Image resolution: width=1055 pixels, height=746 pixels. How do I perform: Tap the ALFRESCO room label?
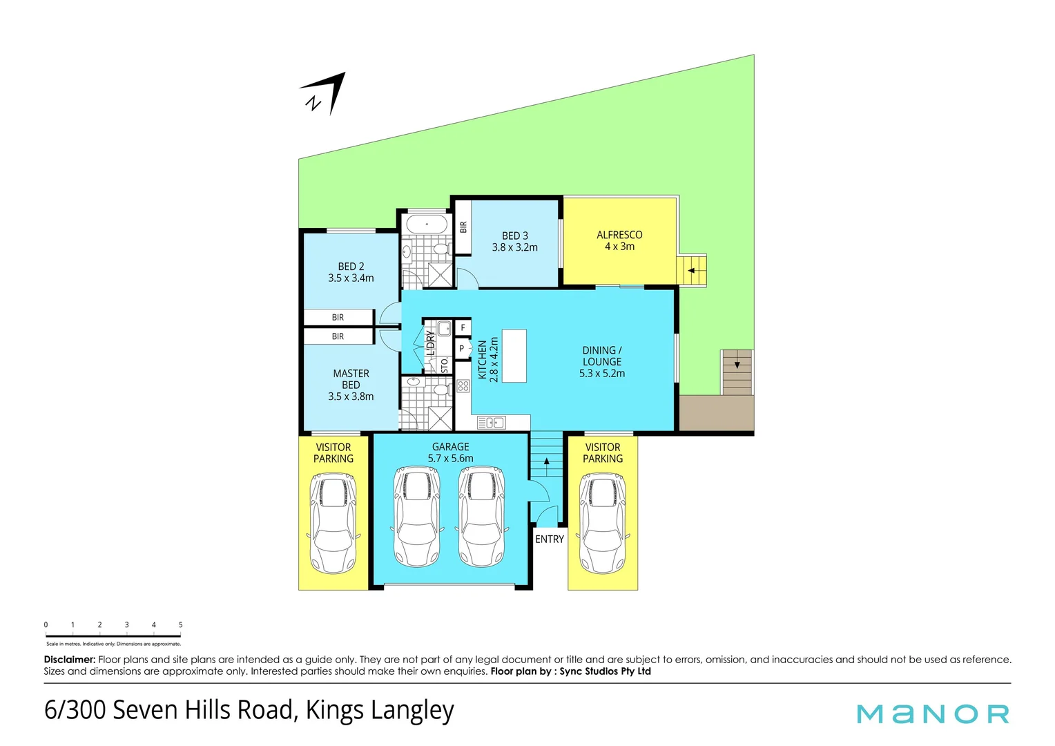(x=619, y=235)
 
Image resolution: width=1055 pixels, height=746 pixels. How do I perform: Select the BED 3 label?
(x=514, y=236)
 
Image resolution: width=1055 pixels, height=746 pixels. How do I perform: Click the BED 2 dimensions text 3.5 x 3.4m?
(x=351, y=278)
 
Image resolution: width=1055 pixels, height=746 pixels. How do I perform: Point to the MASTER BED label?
(x=351, y=379)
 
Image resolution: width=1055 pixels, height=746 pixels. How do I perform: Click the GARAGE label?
(x=450, y=447)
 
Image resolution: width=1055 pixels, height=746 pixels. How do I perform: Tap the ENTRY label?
(x=550, y=539)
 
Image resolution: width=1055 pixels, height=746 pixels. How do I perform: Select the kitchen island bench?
(x=514, y=356)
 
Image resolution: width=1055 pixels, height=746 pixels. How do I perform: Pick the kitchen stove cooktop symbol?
(x=463, y=386)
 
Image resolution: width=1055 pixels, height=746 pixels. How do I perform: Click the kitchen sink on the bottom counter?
(x=491, y=423)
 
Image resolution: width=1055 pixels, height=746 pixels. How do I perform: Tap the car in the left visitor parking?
(x=333, y=523)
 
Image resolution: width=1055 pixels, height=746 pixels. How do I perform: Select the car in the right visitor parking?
(x=602, y=523)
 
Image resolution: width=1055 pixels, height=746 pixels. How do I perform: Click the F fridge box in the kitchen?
(x=463, y=327)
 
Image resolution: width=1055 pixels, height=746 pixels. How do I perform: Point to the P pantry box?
(x=462, y=349)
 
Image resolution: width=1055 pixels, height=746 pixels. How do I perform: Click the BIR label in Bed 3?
(x=463, y=227)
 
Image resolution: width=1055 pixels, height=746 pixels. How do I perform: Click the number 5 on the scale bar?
(x=181, y=624)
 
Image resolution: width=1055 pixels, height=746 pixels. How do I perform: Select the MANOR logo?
(x=933, y=714)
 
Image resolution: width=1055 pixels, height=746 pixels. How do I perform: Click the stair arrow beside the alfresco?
(x=691, y=270)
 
